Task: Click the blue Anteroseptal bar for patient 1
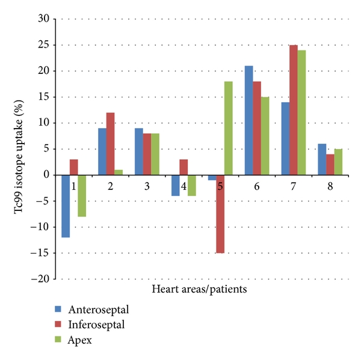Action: tap(66, 206)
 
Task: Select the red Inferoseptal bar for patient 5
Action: tap(221, 214)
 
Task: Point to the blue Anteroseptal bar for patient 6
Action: tap(248, 120)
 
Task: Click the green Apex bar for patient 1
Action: tap(82, 196)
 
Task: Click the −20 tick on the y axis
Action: tap(42, 279)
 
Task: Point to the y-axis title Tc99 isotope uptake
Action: tap(13, 148)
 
